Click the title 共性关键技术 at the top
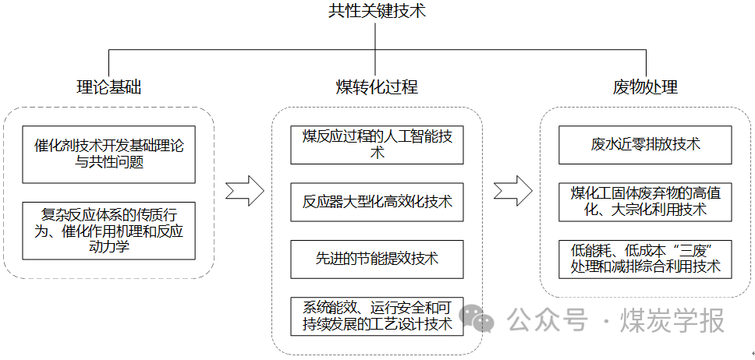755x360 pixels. [377, 12]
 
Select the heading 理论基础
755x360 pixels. [109, 87]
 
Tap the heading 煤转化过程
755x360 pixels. [377, 87]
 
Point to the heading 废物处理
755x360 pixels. [645, 87]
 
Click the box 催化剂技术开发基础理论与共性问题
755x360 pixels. [109, 154]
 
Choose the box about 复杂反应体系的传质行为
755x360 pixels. [109, 231]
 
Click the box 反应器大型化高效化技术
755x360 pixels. [377, 203]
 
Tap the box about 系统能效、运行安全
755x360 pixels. [377, 316]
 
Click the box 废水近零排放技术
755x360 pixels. [645, 145]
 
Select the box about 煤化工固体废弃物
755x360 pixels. [645, 202]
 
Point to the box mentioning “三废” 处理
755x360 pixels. [645, 259]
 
